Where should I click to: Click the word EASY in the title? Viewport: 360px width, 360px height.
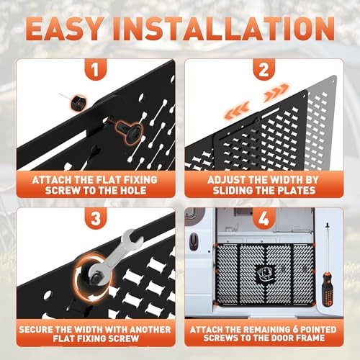tap(64, 29)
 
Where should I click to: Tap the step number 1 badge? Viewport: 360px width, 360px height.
tap(96, 69)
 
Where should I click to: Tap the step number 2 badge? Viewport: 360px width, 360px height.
tap(264, 69)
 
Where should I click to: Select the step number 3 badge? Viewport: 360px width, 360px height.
tap(96, 218)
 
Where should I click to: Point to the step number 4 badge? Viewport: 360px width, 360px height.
tap(264, 218)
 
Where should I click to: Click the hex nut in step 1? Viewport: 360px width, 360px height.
tap(78, 103)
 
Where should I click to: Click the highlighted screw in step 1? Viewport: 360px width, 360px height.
tap(129, 132)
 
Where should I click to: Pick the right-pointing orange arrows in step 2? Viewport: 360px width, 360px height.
tap(276, 92)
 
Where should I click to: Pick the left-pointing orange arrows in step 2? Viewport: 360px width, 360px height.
tap(237, 111)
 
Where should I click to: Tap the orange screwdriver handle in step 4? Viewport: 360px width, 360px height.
tap(328, 289)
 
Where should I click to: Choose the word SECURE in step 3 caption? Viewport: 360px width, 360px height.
tap(35, 329)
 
